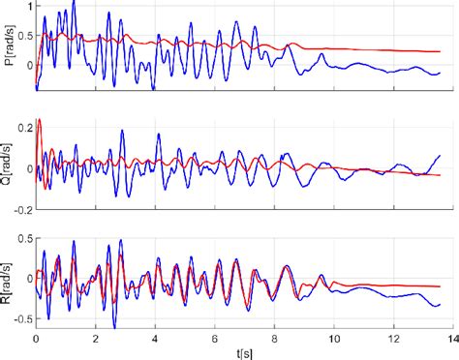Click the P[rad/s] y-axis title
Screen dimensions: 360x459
coord(9,46)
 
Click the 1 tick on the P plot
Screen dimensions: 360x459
coord(27,6)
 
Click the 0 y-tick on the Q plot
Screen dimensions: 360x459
coord(27,167)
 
